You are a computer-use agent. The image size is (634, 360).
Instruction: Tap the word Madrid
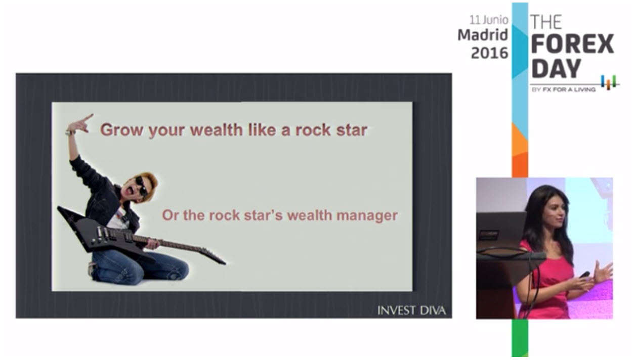(483, 35)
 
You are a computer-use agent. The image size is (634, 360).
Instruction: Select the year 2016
(489, 53)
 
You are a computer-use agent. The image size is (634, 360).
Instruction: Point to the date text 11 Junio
(489, 20)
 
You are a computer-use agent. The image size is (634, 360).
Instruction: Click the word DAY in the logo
(556, 69)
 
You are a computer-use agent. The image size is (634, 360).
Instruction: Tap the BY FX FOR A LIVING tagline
(564, 89)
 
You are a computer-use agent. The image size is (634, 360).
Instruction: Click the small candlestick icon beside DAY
(608, 82)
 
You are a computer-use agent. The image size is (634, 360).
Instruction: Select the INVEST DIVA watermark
(411, 310)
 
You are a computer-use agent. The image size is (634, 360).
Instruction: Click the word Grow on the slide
(121, 130)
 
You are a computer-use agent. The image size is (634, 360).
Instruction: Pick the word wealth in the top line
(217, 130)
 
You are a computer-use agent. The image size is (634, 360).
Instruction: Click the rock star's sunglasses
(142, 186)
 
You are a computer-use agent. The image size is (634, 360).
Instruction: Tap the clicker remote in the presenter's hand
(584, 275)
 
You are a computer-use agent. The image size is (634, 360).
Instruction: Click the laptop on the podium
(500, 231)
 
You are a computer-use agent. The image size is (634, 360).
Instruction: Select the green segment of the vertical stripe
(520, 338)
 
